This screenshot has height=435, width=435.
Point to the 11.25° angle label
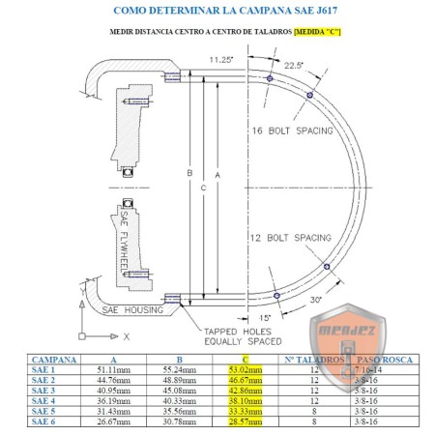221,58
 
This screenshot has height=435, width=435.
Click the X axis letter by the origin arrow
126,335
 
